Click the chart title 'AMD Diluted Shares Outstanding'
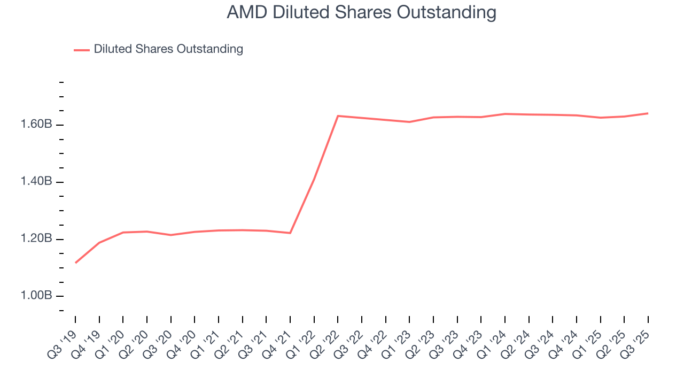pyautogui.click(x=361, y=12)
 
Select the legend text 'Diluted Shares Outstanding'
pyautogui.click(x=168, y=49)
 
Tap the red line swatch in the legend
pyautogui.click(x=82, y=50)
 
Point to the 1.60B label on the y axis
pyautogui.click(x=37, y=125)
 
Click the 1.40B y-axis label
pyautogui.click(x=37, y=182)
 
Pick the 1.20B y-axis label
pyautogui.click(x=37, y=238)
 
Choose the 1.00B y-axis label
pyautogui.click(x=37, y=296)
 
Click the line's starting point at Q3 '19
pyautogui.click(x=75, y=263)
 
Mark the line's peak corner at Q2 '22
pyautogui.click(x=338, y=116)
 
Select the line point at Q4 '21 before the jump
pyautogui.click(x=290, y=233)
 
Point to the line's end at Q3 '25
pyautogui.click(x=648, y=113)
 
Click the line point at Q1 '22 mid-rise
pyautogui.click(x=314, y=179)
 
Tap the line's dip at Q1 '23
pyautogui.click(x=409, y=122)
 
